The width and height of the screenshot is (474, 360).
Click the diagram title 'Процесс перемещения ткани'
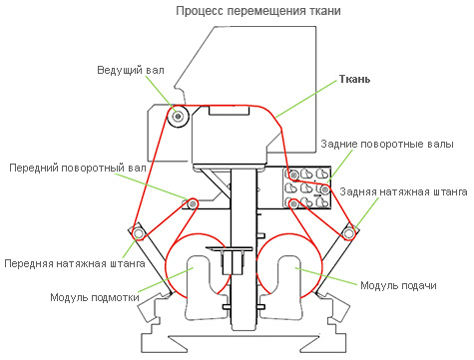(258, 11)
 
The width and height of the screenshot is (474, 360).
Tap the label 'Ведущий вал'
(131, 71)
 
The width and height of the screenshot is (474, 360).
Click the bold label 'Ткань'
(354, 79)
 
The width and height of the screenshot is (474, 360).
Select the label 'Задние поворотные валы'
(387, 145)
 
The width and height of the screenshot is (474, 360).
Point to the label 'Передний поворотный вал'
(78, 168)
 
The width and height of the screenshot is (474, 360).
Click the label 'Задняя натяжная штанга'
(403, 191)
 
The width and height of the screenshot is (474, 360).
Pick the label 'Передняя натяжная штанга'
(75, 263)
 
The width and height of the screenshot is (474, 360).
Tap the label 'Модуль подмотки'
(95, 297)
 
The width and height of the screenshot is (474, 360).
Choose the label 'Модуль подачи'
(398, 285)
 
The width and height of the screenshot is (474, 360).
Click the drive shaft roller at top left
(179, 116)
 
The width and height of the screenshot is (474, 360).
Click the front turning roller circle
(193, 203)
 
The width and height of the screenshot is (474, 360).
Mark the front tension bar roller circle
(138, 233)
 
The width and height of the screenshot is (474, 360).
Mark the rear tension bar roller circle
(348, 233)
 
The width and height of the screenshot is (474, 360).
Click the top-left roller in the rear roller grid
(293, 175)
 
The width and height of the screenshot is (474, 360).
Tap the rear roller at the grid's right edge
(325, 189)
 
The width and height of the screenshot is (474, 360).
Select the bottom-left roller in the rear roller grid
(293, 203)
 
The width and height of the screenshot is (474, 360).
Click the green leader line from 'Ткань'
(307, 99)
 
